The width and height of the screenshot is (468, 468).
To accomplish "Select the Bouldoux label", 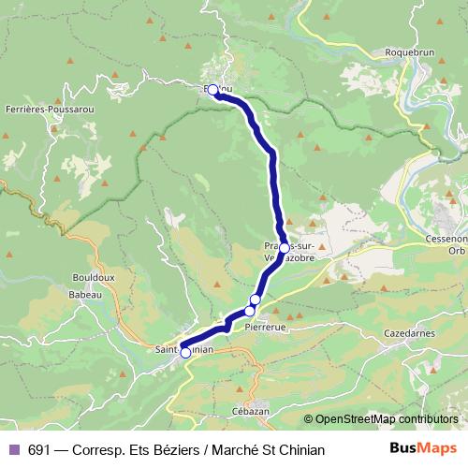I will (93, 277).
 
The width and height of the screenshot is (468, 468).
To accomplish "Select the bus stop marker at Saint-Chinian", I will (185, 353).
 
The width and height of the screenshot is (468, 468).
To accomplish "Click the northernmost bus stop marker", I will (212, 90).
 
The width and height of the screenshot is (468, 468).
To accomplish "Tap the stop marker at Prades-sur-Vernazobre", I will (284, 247).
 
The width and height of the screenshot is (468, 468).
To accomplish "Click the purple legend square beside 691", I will (13, 450).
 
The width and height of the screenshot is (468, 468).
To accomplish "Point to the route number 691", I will (39, 450).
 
